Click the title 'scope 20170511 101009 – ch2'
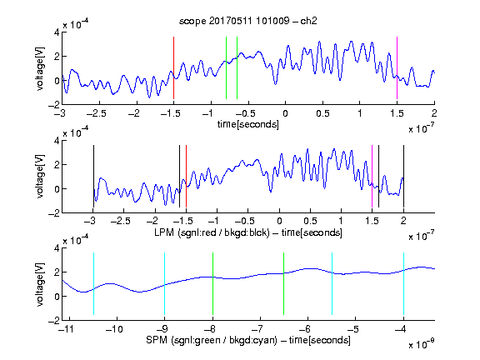[x=248, y=21]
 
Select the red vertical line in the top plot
[x=173, y=68]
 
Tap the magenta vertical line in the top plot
[x=397, y=68]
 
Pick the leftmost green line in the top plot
[x=226, y=68]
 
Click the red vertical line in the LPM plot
[x=186, y=177]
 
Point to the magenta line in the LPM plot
[x=372, y=177]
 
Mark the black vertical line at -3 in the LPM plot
[x=93, y=177]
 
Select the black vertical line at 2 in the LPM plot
[x=403, y=177]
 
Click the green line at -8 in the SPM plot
[x=212, y=284]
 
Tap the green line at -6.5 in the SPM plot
[x=284, y=284]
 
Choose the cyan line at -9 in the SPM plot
[x=164, y=284]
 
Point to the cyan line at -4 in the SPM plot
[x=403, y=284]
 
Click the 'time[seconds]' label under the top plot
[x=248, y=124]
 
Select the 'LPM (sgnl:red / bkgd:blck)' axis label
[x=212, y=232]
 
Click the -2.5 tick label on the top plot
[x=96, y=113]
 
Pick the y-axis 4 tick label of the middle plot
[x=57, y=141]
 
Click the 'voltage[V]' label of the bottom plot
[x=40, y=284]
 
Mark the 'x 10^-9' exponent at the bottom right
[x=422, y=343]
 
